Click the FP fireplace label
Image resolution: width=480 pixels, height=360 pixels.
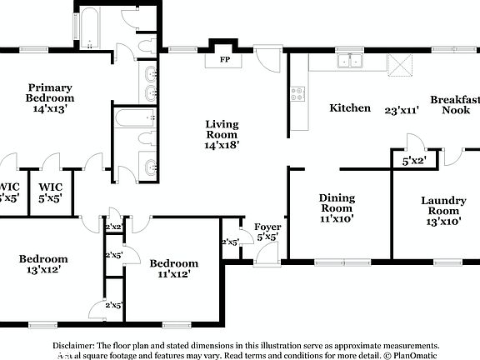[x=224, y=60]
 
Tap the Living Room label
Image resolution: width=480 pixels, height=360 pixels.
[x=222, y=133]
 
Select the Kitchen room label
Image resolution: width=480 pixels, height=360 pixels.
[x=350, y=107]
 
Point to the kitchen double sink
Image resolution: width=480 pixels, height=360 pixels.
[x=349, y=60]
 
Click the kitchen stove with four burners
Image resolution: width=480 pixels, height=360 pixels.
[x=298, y=94]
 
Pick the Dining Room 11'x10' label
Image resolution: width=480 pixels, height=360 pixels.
[x=337, y=208]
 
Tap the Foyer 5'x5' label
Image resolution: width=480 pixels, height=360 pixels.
[x=267, y=232]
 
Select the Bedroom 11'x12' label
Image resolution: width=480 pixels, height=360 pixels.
[x=174, y=268]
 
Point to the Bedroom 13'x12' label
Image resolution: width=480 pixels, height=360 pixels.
[x=43, y=263]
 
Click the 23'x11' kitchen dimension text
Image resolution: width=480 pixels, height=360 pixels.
[x=401, y=109]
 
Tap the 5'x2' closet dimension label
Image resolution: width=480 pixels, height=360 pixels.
[x=414, y=161]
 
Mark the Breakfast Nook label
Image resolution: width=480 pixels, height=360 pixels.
[x=455, y=104]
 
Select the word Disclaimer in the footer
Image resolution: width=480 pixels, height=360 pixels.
[x=74, y=344]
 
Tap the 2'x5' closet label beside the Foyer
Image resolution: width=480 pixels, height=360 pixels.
[x=230, y=242]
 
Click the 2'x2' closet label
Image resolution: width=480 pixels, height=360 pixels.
[x=113, y=226]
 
